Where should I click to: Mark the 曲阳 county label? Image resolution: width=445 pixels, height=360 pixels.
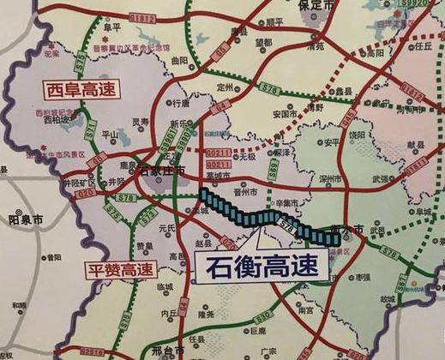pyautogui.click(x=178, y=62)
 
